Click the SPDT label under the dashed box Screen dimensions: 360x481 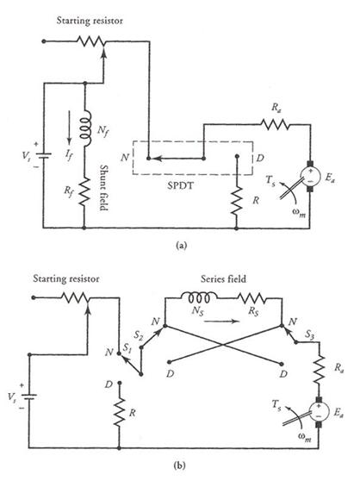180,185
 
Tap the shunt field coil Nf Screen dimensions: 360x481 86,128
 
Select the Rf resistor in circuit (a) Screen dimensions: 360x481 85,191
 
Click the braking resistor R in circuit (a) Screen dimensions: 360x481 237,201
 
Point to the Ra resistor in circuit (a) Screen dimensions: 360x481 275,124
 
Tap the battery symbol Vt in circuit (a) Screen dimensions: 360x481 43,155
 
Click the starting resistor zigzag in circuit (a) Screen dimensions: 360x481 90,41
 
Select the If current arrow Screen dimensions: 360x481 69,128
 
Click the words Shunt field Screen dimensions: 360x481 104,188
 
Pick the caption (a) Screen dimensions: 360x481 180,246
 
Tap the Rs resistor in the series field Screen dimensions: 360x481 251,298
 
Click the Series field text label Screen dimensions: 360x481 223,278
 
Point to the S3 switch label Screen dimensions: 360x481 309,335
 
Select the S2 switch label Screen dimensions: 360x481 139,335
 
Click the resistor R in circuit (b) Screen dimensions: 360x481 120,412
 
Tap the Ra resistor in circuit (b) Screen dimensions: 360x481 319,369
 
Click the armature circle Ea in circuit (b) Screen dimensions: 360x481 319,411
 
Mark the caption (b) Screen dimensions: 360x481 179,465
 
